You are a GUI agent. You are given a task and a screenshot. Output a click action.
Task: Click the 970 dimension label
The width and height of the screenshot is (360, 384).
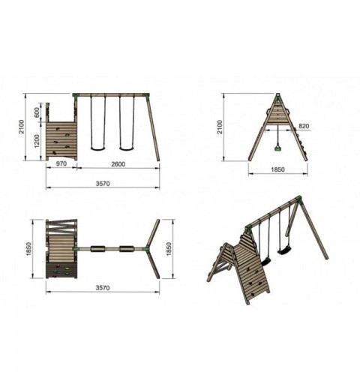61,163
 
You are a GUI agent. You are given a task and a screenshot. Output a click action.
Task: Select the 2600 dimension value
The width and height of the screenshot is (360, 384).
118,164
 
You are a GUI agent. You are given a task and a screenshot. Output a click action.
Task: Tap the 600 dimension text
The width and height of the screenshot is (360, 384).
37,112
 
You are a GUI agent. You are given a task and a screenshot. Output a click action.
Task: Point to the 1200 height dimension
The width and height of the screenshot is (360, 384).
37,141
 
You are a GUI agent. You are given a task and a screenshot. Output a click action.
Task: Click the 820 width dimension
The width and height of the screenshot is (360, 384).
304,126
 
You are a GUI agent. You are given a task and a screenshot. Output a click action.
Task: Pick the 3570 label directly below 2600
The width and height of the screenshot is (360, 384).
103,184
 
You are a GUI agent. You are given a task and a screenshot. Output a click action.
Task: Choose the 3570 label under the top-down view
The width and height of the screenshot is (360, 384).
103,288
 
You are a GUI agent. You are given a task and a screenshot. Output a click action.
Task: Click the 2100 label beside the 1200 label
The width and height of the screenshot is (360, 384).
22,127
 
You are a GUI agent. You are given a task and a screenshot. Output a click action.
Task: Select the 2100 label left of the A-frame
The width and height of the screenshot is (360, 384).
220,127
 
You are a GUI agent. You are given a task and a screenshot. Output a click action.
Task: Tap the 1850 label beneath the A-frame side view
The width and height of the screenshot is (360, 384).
277,169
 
